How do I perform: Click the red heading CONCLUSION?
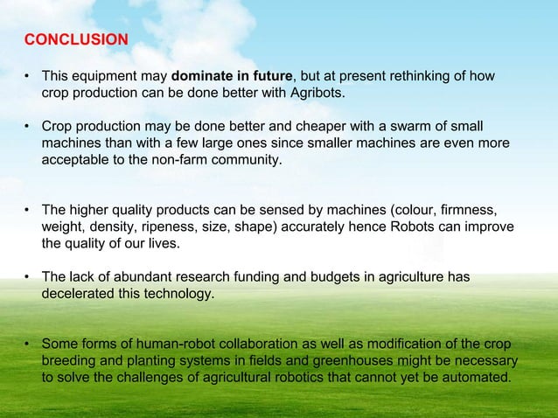[76, 40]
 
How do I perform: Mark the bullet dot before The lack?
[28, 278]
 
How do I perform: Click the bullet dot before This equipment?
[28, 76]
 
